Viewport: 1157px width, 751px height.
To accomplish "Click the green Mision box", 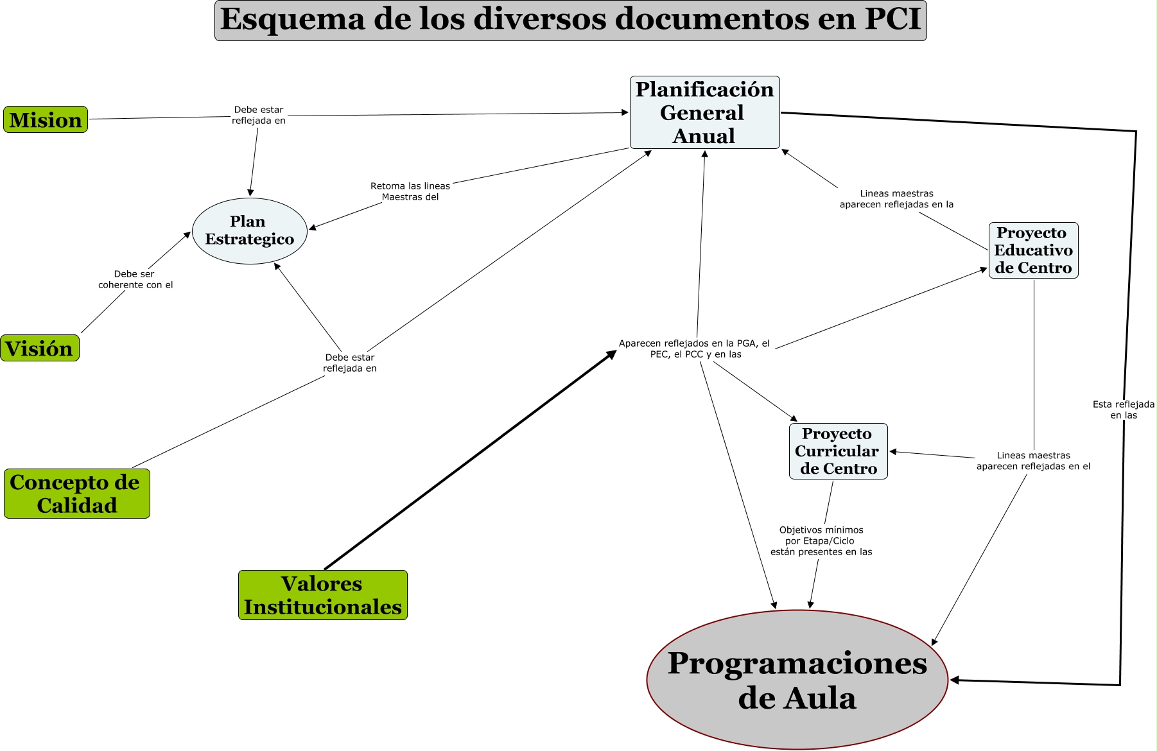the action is (x=46, y=120).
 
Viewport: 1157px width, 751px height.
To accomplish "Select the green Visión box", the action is (x=40, y=349).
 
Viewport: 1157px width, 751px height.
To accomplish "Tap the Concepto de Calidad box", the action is (x=76, y=494).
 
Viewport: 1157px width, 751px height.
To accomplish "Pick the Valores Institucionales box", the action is (x=322, y=595).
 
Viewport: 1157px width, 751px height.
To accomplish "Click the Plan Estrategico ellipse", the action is (x=249, y=231).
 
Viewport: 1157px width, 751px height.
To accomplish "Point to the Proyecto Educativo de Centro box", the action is (x=1033, y=250).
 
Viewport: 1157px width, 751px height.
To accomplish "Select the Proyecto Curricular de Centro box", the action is (x=838, y=451).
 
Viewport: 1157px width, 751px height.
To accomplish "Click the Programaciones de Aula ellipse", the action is (x=797, y=680).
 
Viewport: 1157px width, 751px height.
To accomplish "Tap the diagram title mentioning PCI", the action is (x=570, y=20).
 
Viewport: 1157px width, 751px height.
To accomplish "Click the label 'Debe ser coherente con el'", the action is (x=135, y=279).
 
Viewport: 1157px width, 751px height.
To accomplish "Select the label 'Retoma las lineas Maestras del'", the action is (x=410, y=191).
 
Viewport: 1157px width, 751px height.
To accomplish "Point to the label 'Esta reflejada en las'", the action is (x=1123, y=410).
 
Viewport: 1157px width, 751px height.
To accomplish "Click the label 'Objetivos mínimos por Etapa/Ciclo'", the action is (x=821, y=540).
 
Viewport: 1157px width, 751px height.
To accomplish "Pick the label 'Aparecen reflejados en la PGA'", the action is (x=695, y=349).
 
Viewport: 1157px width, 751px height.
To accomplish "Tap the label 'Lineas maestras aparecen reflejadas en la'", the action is (x=896, y=199).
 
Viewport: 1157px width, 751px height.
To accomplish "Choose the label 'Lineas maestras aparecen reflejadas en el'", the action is (x=1032, y=461).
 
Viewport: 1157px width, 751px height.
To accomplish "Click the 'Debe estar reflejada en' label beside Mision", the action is (x=259, y=115).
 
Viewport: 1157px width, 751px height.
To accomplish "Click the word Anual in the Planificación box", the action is (x=704, y=136).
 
